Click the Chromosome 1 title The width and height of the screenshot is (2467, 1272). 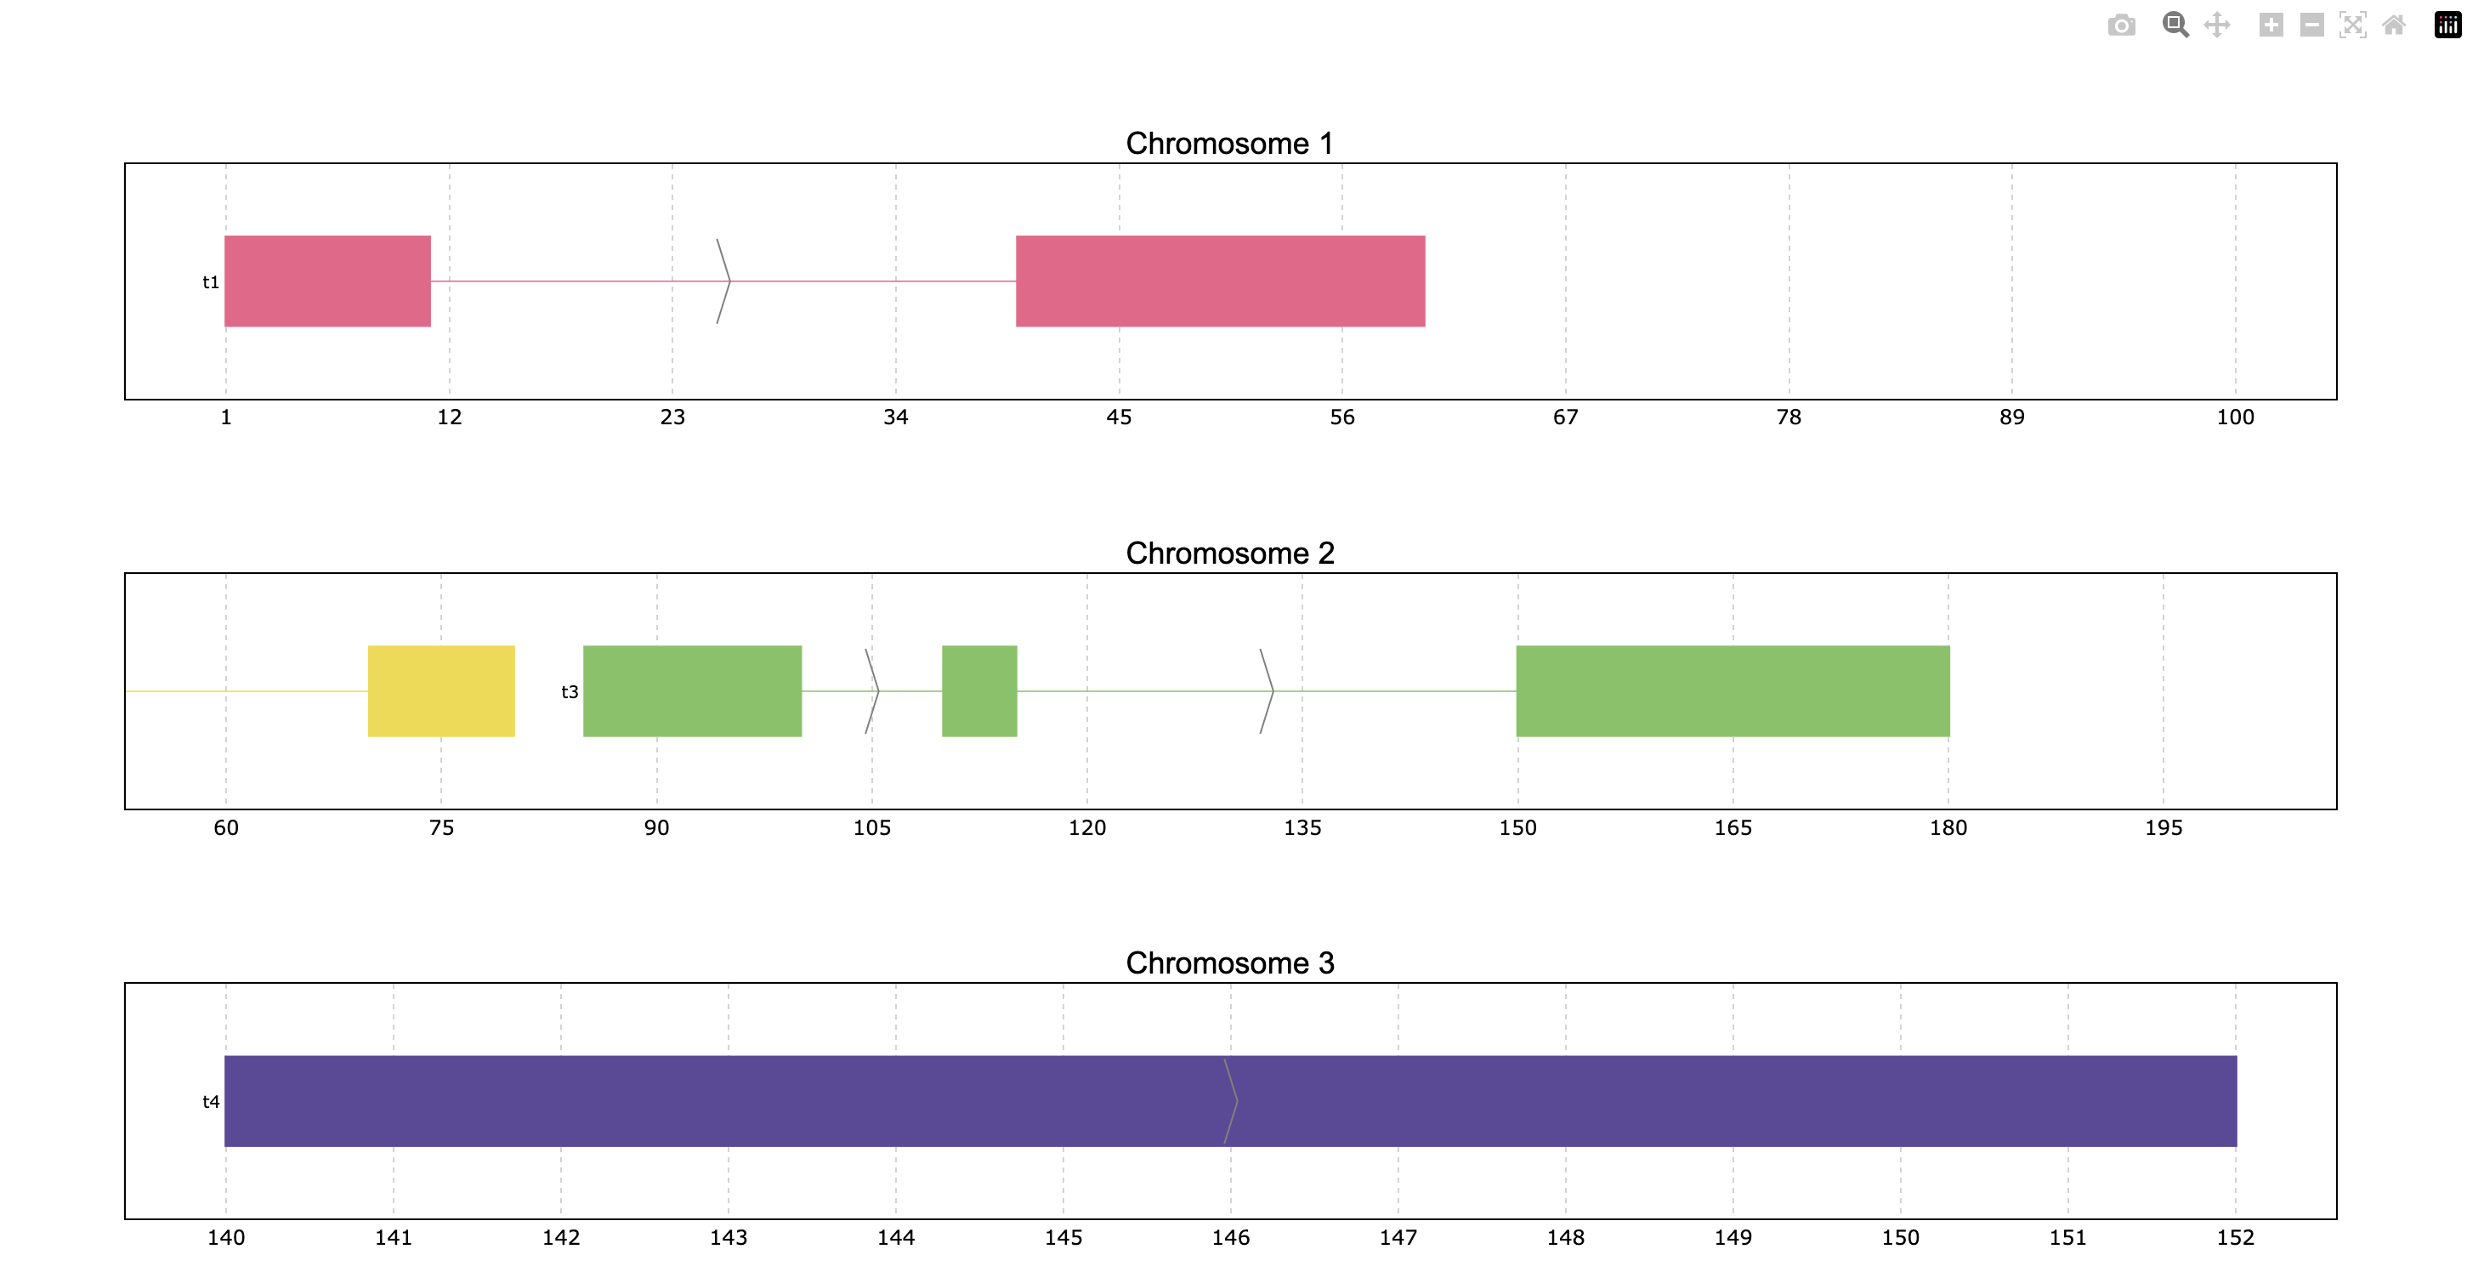[x=1229, y=144]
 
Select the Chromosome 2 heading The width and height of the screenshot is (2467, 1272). [x=1229, y=554]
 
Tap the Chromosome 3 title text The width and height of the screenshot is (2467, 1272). [x=1229, y=963]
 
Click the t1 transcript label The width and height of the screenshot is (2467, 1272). [x=211, y=282]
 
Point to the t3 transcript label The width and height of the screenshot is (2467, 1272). [x=570, y=692]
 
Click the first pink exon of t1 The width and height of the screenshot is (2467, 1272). [x=327, y=281]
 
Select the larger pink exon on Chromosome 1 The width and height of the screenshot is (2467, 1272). [x=1220, y=281]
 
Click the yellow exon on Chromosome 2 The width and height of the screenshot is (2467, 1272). [x=441, y=691]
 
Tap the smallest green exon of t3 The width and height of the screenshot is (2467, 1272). [x=979, y=691]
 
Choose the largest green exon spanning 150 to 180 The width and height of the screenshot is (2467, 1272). [x=1733, y=691]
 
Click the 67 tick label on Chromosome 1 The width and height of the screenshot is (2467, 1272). [x=1566, y=417]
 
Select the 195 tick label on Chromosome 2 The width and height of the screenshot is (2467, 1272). [x=2164, y=828]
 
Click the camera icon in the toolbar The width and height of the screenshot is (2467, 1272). [x=2121, y=26]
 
